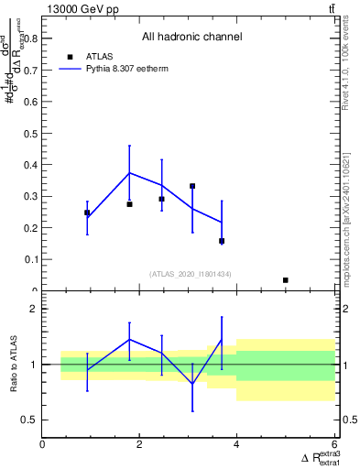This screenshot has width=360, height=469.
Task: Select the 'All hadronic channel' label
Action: pos(191,38)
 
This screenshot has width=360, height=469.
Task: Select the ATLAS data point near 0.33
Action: pos(192,186)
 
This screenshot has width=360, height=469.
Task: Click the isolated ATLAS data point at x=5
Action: pos(286,280)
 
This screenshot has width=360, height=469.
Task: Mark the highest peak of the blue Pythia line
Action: pos(130,172)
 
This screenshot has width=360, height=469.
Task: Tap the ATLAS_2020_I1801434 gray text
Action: pos(191,273)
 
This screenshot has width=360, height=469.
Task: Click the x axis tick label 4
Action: pos(236,444)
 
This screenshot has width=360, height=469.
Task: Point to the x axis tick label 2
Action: pos(139,444)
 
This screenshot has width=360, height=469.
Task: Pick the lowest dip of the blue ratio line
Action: pos(192,384)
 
